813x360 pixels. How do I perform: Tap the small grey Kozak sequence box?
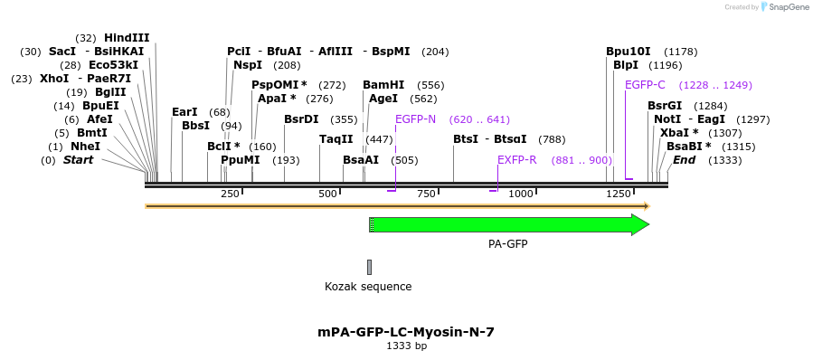[x=369, y=267]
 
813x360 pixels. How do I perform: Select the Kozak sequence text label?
[x=368, y=287]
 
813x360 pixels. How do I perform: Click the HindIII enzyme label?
[x=127, y=38]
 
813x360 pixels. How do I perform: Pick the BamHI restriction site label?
[x=383, y=84]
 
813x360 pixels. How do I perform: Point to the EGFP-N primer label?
[x=415, y=119]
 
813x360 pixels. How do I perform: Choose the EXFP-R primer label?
[x=517, y=160]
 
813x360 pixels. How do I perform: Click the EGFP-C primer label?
[x=645, y=85]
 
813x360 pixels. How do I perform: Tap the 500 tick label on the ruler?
[x=327, y=194]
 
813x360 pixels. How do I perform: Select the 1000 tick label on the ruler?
[x=521, y=194]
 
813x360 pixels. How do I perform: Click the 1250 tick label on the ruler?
[x=619, y=194]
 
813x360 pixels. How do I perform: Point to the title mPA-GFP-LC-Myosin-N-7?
[x=406, y=332]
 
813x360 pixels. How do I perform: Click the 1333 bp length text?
[x=406, y=346]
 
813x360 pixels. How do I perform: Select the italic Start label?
[x=78, y=160]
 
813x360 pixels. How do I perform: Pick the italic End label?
[x=684, y=160]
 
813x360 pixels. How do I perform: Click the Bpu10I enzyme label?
[x=628, y=52]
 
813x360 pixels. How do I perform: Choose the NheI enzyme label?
[x=85, y=147]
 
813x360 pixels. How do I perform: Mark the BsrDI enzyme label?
[x=301, y=119]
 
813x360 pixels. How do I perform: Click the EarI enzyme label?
[x=184, y=112]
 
